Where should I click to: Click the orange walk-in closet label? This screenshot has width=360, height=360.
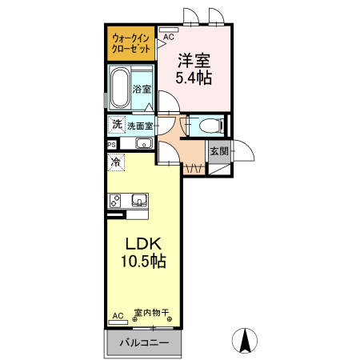tap(130, 43)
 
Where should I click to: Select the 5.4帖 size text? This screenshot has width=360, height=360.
tap(194, 78)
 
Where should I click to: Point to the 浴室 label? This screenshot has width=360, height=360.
tap(142, 89)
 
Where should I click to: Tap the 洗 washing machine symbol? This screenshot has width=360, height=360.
tap(117, 125)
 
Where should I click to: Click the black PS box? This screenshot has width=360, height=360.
tap(111, 145)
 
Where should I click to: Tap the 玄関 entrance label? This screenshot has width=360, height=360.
tap(218, 150)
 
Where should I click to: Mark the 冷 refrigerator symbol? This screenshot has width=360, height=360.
tap(117, 163)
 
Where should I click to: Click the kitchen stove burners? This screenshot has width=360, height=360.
tap(115, 199)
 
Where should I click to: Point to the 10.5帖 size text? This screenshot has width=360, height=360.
tap(145, 262)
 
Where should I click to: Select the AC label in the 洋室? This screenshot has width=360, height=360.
tap(169, 37)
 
